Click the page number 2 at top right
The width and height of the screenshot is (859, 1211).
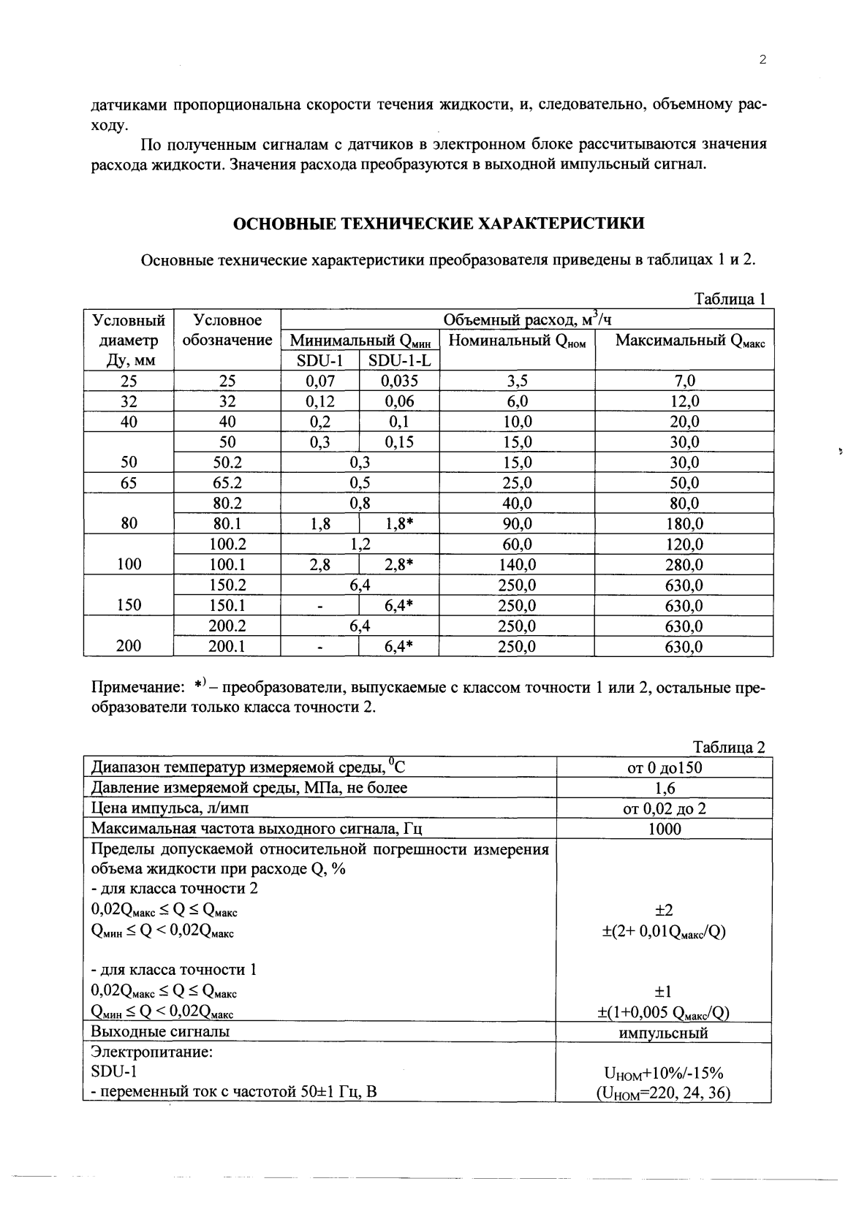coord(762,61)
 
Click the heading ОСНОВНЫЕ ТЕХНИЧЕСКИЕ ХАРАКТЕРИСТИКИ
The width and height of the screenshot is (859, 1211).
coord(438,224)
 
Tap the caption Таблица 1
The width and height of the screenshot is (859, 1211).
coord(729,299)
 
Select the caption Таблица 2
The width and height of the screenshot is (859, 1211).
coord(729,747)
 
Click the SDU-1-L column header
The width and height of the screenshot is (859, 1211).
coord(399,360)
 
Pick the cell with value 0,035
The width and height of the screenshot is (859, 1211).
coord(399,381)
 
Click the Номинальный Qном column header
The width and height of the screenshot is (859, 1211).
coord(517,341)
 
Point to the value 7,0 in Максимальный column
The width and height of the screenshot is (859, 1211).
coord(684,381)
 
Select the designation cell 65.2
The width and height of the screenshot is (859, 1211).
coord(227,483)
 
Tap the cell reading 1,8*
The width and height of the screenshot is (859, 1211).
coord(399,524)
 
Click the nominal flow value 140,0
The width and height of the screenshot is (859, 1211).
coord(517,565)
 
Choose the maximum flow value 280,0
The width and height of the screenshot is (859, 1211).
coord(684,565)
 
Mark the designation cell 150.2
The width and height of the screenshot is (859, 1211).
coord(227,585)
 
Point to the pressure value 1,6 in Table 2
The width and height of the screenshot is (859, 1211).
coord(665,788)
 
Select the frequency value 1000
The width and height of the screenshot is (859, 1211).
coord(664,829)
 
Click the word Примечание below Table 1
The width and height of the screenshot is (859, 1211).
coord(137,688)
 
